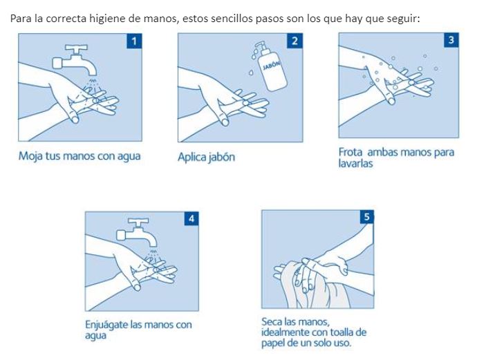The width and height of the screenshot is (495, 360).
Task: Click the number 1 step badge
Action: pos(134,41)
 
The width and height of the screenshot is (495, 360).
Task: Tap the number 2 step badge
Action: pos(295,41)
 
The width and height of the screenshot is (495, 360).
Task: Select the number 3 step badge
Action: pos(451,40)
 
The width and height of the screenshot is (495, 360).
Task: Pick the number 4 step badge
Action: pos(192,218)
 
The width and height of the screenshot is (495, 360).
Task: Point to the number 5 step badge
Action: pos(367,217)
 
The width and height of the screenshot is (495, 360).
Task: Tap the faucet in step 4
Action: pos(137,233)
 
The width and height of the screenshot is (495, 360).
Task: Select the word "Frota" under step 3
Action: pos(350,152)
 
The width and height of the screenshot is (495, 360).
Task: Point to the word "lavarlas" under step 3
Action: pos(355,164)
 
